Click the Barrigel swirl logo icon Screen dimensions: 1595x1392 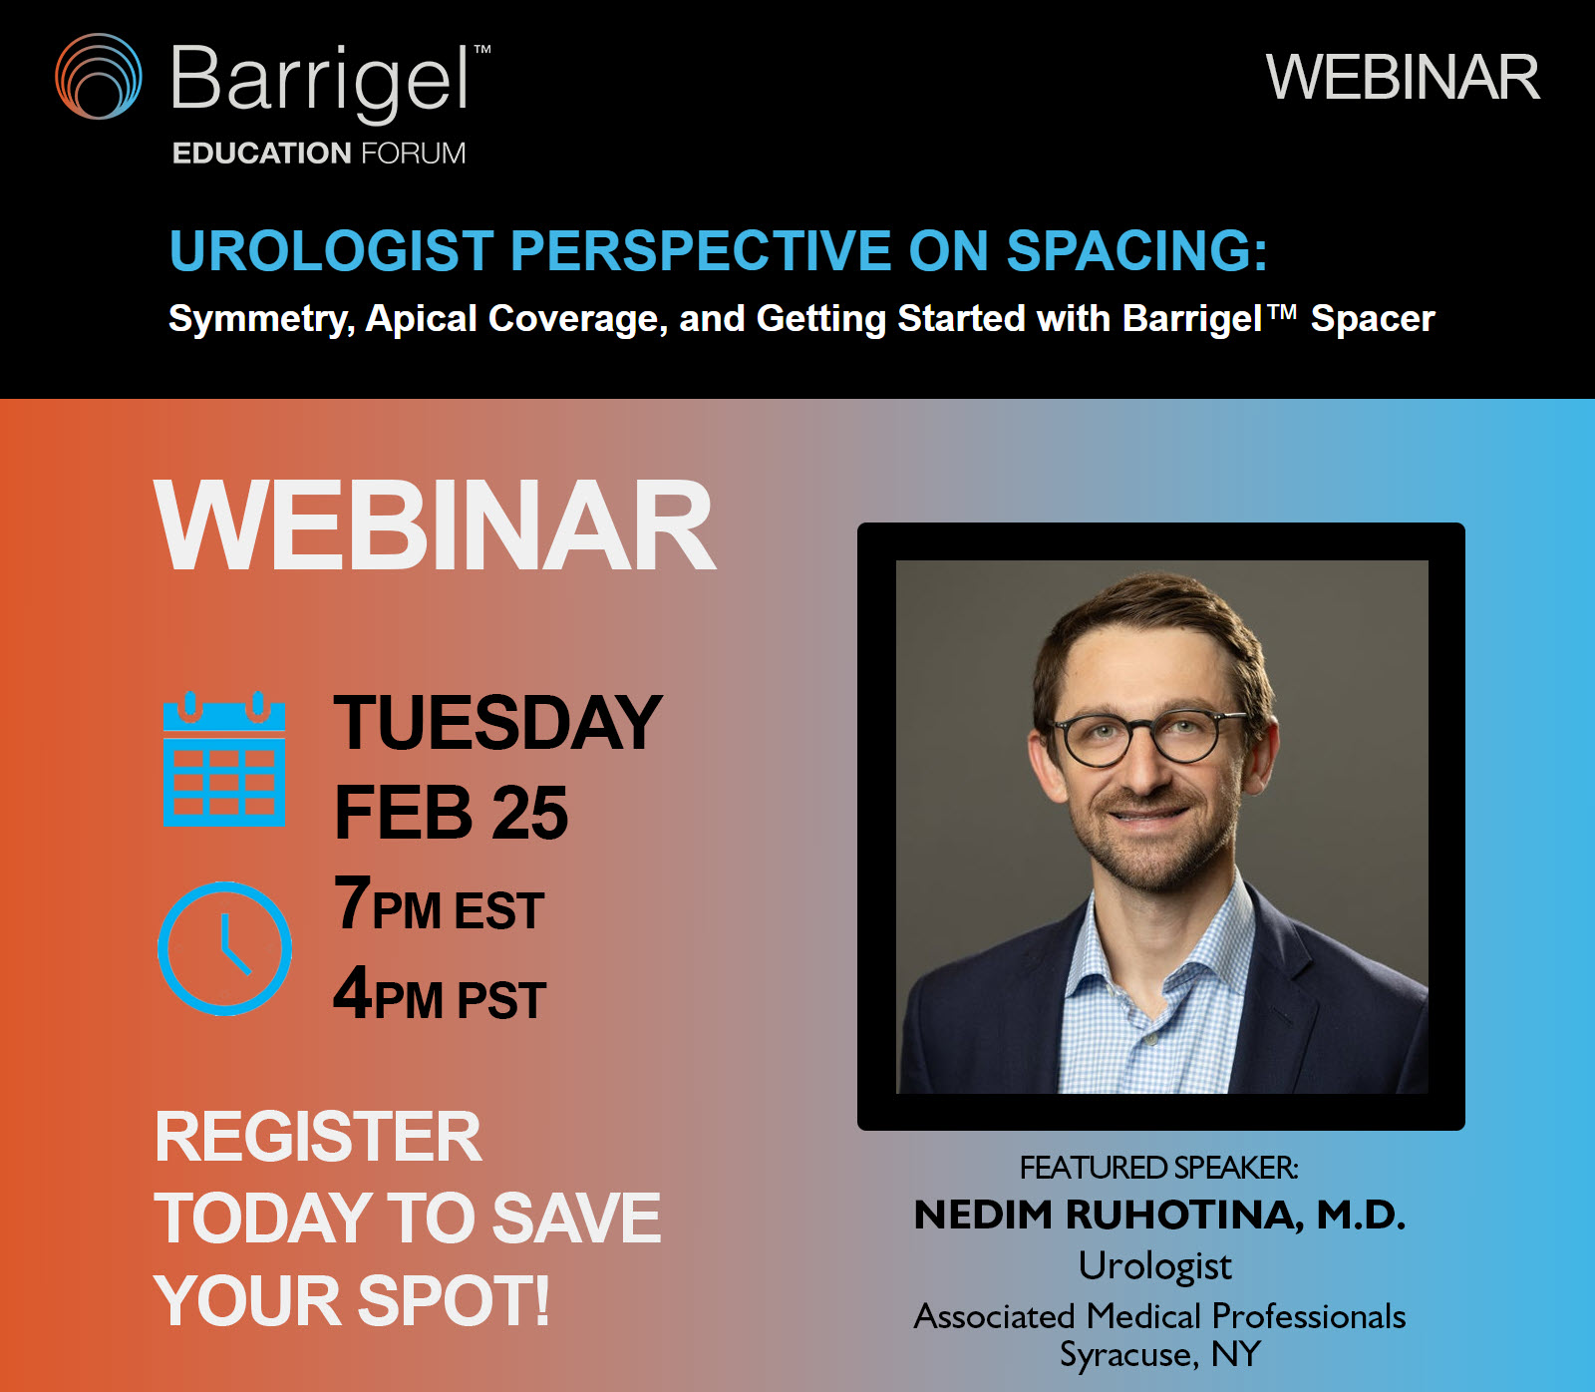(98, 77)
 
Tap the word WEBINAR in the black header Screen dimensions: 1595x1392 (1403, 78)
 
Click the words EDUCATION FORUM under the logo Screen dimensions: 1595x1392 (319, 154)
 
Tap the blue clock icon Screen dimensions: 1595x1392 (225, 948)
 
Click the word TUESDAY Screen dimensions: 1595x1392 (497, 723)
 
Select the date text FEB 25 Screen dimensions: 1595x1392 (451, 812)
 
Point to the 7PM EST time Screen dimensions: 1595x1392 (439, 903)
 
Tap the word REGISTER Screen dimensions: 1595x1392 (318, 1137)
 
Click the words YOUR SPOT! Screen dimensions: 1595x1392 (352, 1300)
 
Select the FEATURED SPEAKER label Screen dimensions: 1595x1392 (1159, 1168)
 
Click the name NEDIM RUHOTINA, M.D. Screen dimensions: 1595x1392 (1160, 1216)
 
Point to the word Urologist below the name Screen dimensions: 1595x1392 (1155, 1266)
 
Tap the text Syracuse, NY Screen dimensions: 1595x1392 (1160, 1355)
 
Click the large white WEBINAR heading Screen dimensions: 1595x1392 (435, 525)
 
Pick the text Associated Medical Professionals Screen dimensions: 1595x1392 (1160, 1316)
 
